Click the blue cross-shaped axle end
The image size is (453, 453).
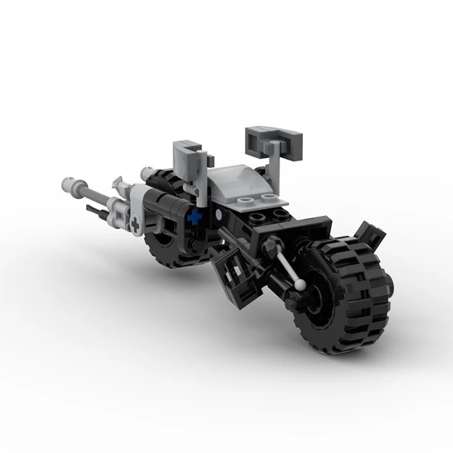(195, 216)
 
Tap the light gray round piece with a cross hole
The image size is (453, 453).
(135, 224)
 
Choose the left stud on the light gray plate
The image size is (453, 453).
(244, 201)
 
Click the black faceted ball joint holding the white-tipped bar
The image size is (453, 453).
(270, 246)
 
